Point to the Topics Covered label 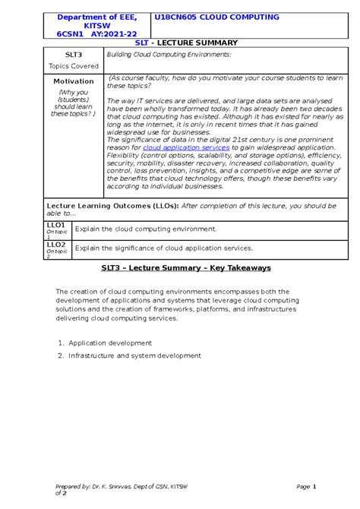click(x=74, y=66)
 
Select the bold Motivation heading click(x=74, y=81)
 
